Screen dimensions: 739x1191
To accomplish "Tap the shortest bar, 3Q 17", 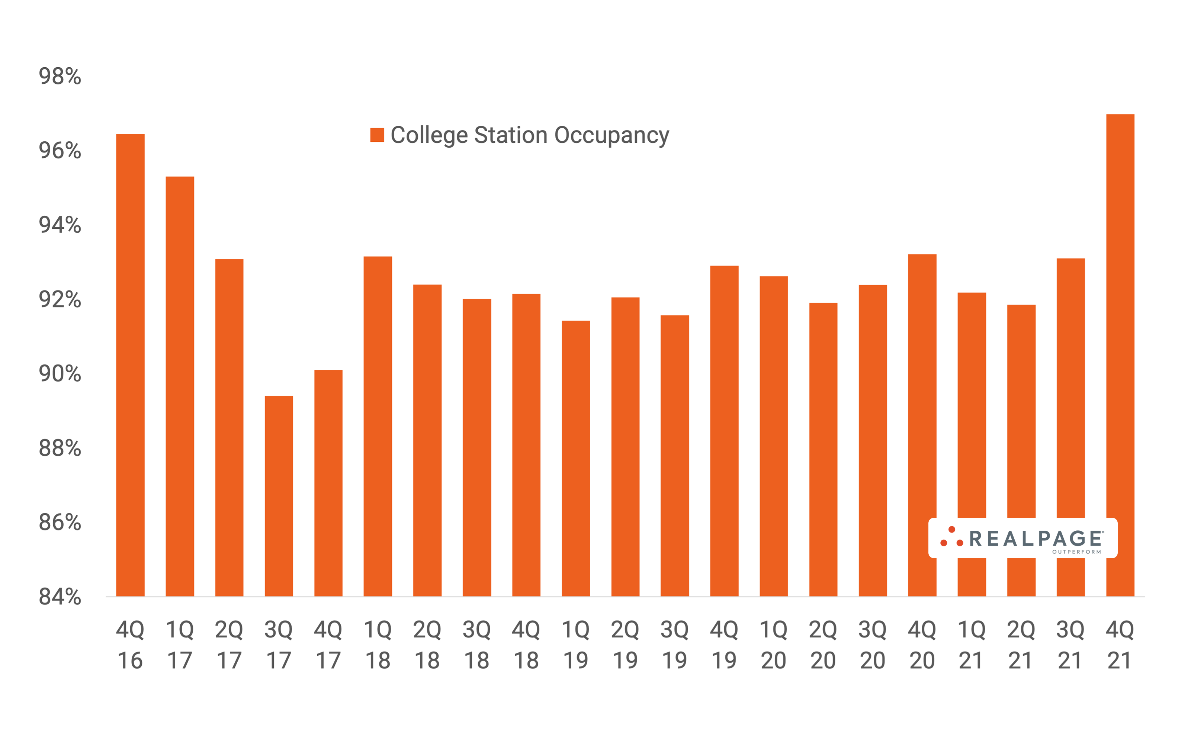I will (279, 496).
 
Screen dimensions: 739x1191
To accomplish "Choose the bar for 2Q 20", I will (823, 449).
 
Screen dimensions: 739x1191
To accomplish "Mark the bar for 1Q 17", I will (180, 386).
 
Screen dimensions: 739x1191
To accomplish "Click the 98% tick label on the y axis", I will (60, 76).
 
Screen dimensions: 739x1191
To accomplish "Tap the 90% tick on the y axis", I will (60, 373).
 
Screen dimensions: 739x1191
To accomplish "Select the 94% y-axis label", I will (60, 225).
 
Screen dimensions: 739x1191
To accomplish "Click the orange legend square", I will (377, 135).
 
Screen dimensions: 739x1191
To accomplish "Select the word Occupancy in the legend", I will (611, 135).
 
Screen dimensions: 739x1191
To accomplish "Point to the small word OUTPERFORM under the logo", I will (1077, 552).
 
